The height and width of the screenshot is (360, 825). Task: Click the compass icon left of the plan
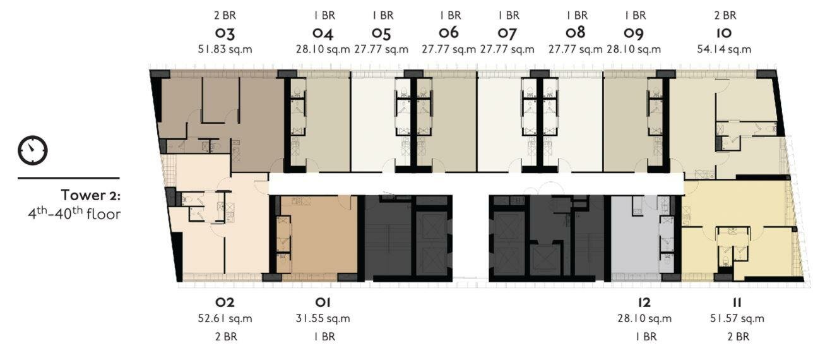coord(33,150)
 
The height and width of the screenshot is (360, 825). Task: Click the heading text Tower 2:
coord(91,195)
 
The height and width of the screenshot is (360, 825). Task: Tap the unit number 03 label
coord(225,33)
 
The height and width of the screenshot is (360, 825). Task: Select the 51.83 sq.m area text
coord(225,49)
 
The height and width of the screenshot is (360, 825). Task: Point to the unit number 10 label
coord(724,33)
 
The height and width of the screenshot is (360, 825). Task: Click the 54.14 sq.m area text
coord(724,49)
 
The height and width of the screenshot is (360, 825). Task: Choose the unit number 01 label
coord(323,303)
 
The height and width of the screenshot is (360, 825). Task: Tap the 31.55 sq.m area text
coord(323,318)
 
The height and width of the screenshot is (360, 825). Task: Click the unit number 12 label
coord(644,303)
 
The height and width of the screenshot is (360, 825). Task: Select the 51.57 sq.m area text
coord(737,318)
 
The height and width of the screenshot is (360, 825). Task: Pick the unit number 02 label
coord(225,303)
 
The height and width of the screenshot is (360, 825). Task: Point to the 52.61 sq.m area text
coord(225,318)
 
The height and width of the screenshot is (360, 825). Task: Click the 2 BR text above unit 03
coord(225,16)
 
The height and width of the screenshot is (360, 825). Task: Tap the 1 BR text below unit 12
coord(646,337)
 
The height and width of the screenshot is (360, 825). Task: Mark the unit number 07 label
coord(507,33)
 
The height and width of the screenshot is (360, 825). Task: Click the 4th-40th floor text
coord(74,213)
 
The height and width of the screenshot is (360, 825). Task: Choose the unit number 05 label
coord(381,33)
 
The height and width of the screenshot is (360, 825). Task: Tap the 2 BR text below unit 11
coord(738,337)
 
